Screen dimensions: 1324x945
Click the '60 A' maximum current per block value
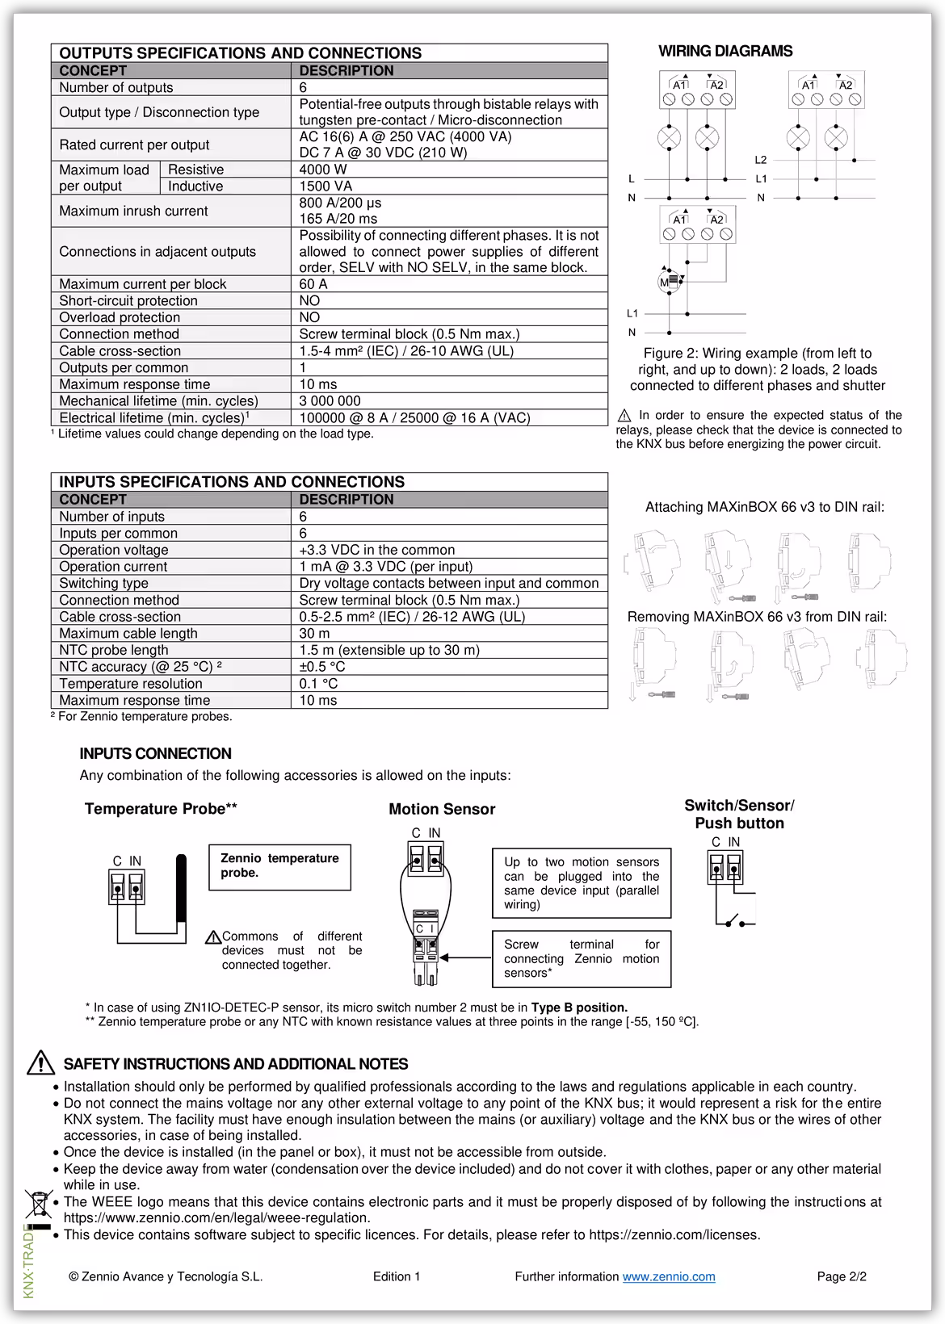tap(313, 284)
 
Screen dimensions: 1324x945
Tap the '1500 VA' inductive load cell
tap(325, 186)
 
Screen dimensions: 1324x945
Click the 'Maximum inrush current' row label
tap(133, 211)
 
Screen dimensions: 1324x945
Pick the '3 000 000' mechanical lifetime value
tap(330, 401)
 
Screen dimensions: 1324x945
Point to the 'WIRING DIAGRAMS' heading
tap(725, 51)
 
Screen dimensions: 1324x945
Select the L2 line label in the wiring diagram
tap(761, 161)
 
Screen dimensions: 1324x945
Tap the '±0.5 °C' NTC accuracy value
tap(321, 667)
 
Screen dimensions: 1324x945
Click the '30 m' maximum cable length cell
tap(314, 634)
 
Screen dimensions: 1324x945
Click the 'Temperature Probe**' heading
tap(161, 809)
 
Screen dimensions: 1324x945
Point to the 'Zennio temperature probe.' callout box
tap(279, 866)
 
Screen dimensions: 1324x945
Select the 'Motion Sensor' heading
tap(442, 809)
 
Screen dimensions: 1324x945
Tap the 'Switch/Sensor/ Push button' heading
tap(739, 814)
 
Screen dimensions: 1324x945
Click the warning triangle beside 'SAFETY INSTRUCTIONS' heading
tap(40, 1063)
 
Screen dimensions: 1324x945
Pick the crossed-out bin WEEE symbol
tap(38, 1204)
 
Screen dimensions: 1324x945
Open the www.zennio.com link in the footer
tap(669, 1276)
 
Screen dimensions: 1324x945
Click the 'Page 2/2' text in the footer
tap(842, 1276)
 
